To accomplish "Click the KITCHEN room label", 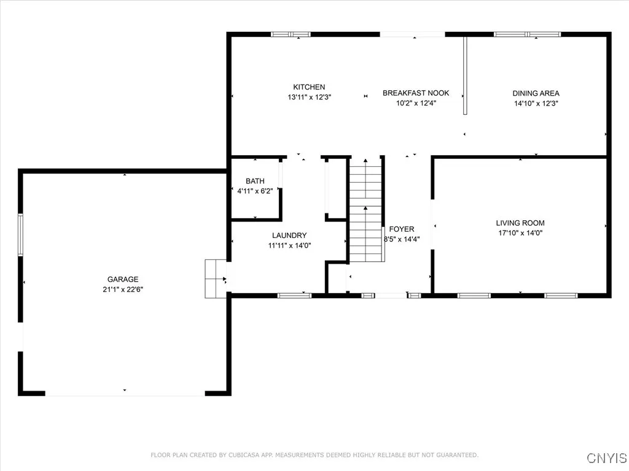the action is click(x=309, y=87).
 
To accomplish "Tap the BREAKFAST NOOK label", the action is click(x=416, y=93).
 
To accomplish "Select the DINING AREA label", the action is click(x=536, y=93).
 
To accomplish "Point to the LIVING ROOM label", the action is click(x=520, y=223).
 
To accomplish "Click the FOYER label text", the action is click(x=402, y=229).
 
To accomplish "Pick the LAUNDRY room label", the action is click(x=289, y=235).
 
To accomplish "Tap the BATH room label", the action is click(x=255, y=181).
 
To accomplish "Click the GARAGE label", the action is click(x=123, y=280).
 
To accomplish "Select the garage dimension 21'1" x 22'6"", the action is click(x=123, y=289).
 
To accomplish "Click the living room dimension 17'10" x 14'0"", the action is click(x=520, y=232).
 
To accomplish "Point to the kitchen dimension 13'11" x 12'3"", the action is click(x=310, y=97).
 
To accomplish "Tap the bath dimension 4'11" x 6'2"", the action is click(x=255, y=191).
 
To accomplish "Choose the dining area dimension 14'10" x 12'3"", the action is click(x=536, y=103).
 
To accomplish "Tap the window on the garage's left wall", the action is click(x=20, y=235).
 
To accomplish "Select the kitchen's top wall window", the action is click(x=291, y=34).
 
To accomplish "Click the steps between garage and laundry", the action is click(x=216, y=279).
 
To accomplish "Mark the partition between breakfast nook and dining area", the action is click(x=465, y=75).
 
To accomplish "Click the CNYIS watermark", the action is click(x=606, y=458).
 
